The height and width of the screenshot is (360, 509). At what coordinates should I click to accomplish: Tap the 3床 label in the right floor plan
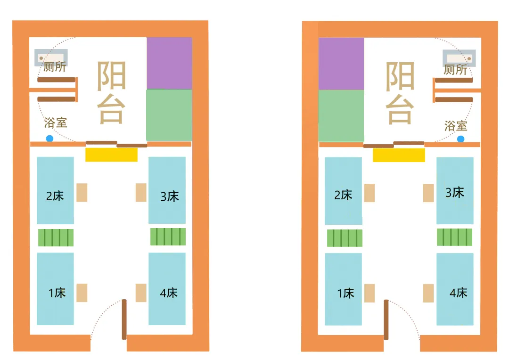(455, 192)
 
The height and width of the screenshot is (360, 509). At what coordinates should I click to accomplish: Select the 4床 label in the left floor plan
(169, 293)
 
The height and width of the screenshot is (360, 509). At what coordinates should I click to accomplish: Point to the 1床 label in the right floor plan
(345, 293)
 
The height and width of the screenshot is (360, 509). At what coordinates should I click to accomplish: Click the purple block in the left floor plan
(169, 63)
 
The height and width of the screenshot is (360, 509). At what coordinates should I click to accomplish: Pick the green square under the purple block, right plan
(341, 115)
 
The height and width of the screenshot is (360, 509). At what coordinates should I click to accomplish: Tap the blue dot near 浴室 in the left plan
(49, 139)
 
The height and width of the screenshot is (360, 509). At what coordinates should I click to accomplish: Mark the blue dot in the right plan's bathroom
(460, 139)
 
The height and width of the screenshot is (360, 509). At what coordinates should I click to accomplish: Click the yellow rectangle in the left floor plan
(111, 155)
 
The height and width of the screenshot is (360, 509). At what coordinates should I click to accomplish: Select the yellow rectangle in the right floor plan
(399, 155)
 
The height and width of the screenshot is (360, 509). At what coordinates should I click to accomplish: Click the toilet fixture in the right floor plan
(459, 58)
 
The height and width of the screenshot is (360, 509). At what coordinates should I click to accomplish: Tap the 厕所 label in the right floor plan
(456, 70)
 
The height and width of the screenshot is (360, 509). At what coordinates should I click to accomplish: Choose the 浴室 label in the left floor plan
(56, 123)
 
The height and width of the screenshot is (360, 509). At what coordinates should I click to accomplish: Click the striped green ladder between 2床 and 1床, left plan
(56, 237)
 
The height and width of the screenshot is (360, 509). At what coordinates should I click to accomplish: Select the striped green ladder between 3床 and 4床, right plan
(454, 237)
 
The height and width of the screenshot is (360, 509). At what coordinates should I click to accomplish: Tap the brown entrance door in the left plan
(124, 319)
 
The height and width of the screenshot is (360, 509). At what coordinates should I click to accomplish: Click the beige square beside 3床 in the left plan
(141, 192)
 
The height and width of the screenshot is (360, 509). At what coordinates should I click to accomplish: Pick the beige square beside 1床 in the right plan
(369, 293)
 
